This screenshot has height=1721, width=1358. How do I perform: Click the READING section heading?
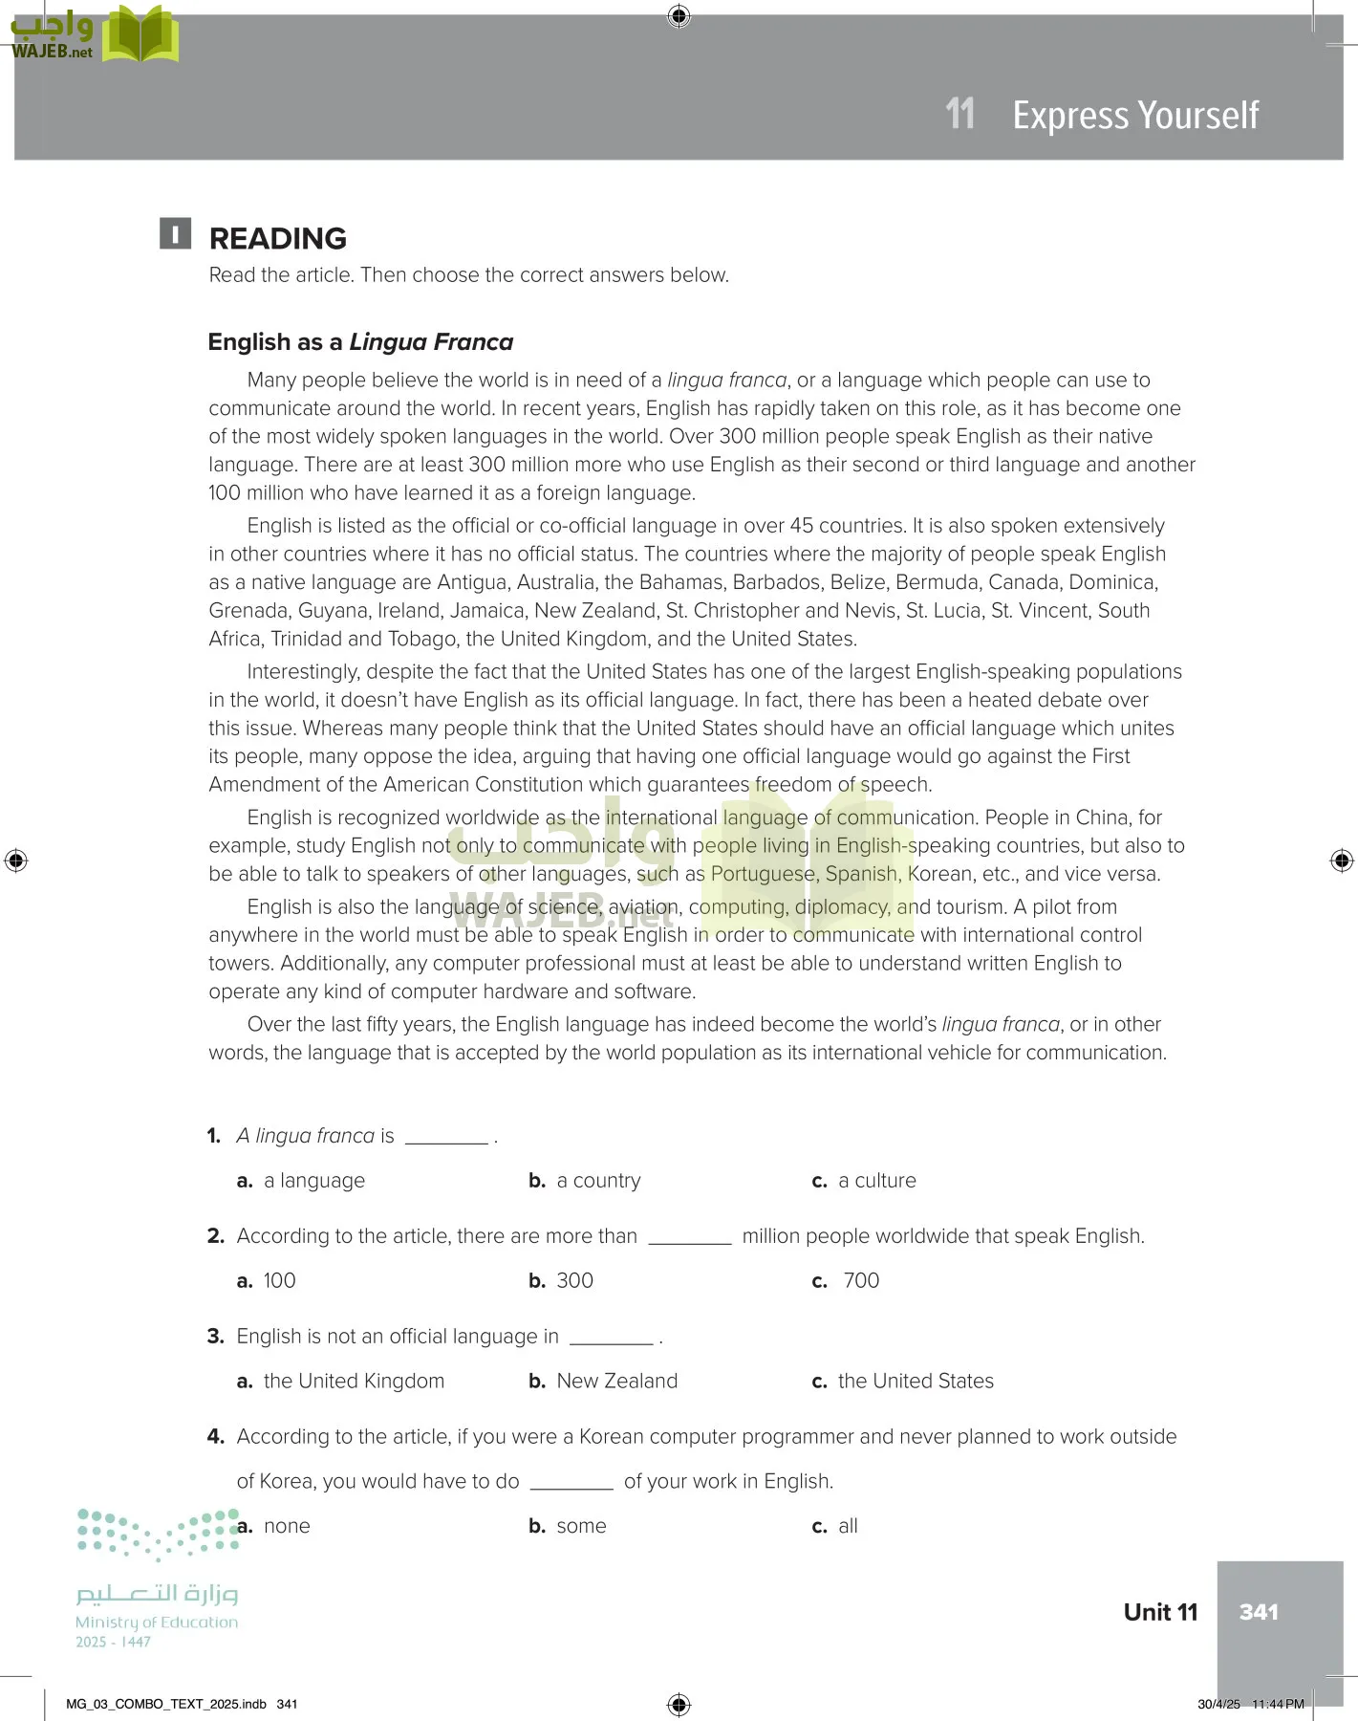(277, 238)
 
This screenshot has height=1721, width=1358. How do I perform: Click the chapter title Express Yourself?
(1135, 116)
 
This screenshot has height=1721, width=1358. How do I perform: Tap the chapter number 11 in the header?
(959, 114)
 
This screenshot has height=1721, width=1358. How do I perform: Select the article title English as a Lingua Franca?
(360, 342)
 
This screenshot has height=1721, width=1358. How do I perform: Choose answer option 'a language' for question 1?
(313, 1181)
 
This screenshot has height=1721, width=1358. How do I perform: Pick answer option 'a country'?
(598, 1181)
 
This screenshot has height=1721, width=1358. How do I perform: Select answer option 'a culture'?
(876, 1181)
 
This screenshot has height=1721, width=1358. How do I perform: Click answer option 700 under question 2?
(860, 1281)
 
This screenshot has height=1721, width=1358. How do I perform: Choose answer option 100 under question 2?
(279, 1281)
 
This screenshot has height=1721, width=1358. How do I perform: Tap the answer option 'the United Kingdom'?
(354, 1382)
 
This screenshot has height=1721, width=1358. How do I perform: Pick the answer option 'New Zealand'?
(616, 1382)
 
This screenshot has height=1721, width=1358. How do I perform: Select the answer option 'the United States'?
(916, 1382)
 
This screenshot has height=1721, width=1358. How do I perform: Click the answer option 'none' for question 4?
(287, 1527)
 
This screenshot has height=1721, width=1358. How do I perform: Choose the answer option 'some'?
(581, 1527)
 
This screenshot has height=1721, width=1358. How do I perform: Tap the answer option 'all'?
(848, 1527)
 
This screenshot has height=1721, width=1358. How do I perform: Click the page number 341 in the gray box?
(1259, 1613)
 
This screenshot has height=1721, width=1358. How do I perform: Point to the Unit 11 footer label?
(1160, 1613)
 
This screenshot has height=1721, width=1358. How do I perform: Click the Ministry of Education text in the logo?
(157, 1623)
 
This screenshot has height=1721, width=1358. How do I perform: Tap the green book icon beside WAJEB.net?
(140, 34)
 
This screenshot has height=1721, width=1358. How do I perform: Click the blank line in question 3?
(611, 1341)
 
